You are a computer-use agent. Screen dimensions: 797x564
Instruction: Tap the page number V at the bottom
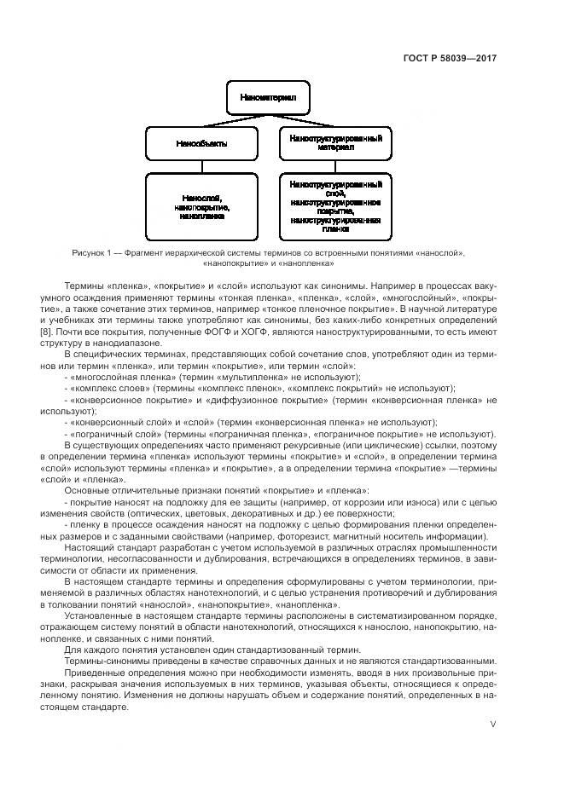(492, 723)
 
